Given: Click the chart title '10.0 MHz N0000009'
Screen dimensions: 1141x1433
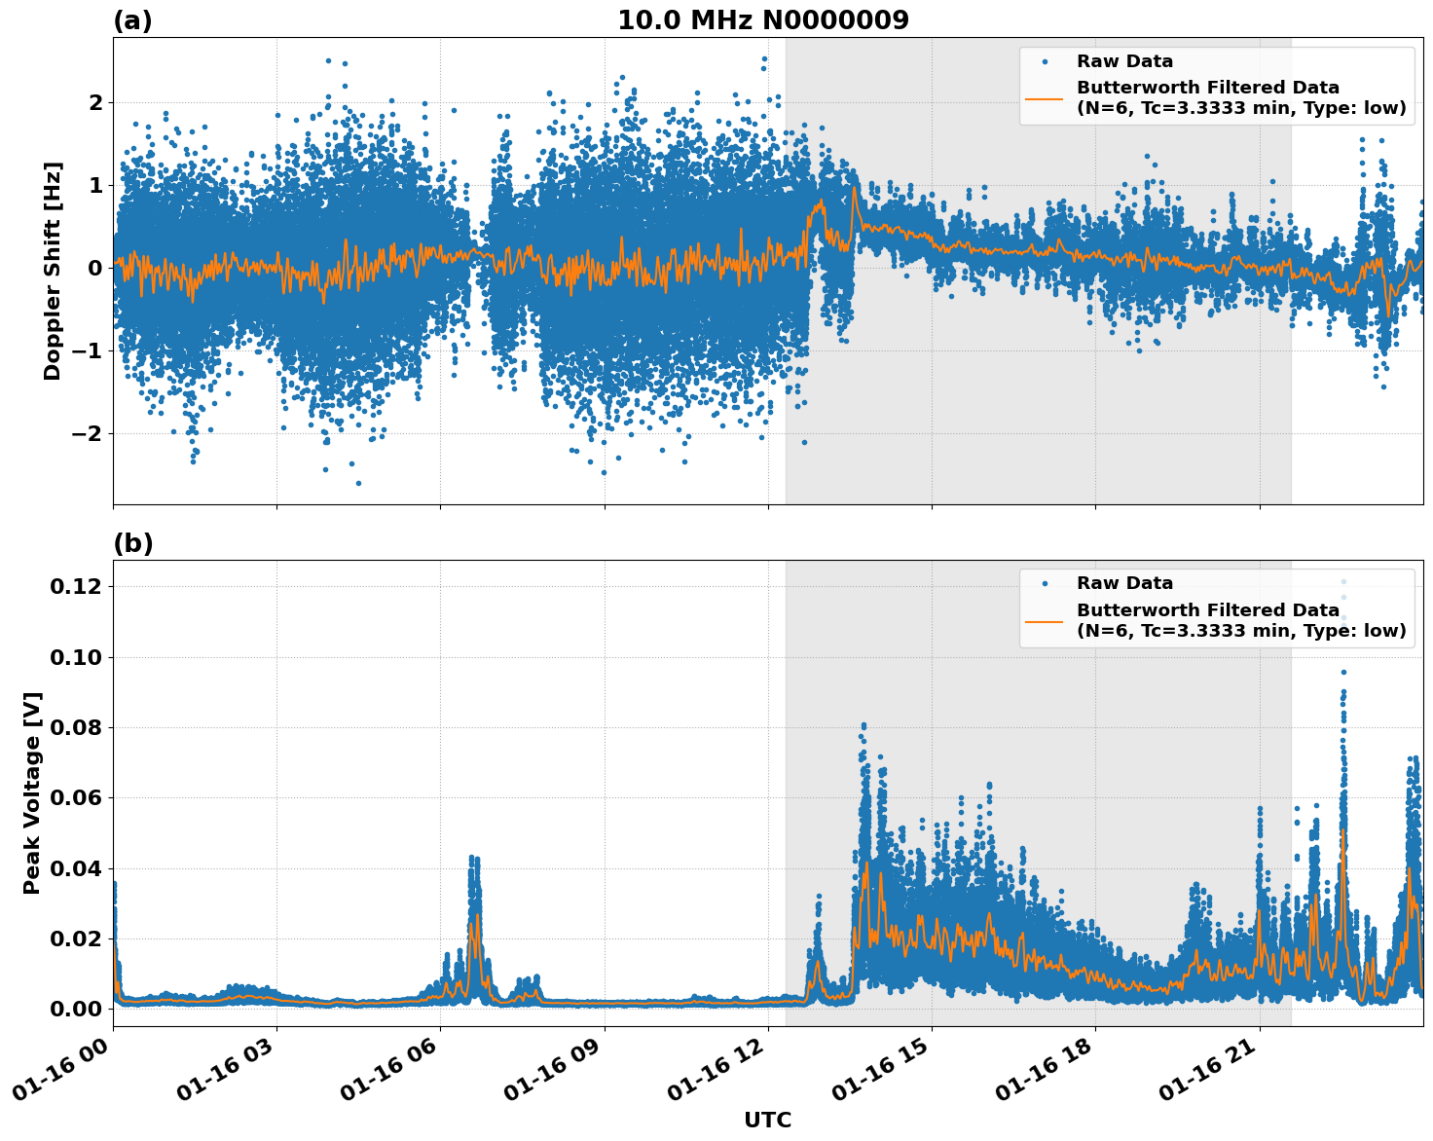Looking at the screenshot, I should point(762,20).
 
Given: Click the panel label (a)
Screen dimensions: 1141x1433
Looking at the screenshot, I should point(132,20).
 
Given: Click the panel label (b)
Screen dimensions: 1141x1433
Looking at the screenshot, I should point(132,543).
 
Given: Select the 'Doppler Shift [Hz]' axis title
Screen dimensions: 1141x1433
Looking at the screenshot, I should point(53,271).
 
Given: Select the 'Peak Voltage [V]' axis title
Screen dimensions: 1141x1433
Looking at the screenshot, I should point(32,792).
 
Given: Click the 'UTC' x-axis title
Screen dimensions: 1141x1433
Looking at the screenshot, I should point(767,1120).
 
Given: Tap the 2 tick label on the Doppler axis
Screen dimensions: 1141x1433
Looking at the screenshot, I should point(95,102).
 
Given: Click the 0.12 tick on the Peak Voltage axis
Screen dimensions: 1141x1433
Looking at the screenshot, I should point(76,586).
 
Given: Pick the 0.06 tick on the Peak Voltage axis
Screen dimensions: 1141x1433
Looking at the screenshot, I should point(76,797).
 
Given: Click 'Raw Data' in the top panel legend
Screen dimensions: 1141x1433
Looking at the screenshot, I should point(1124,61).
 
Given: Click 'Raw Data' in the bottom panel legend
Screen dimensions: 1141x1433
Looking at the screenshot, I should point(1124,583).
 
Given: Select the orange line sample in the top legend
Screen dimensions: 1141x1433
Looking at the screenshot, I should point(1044,98).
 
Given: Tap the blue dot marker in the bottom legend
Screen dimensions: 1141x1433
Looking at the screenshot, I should point(1044,583).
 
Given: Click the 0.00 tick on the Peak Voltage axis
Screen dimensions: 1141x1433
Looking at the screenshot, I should point(76,1009).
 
